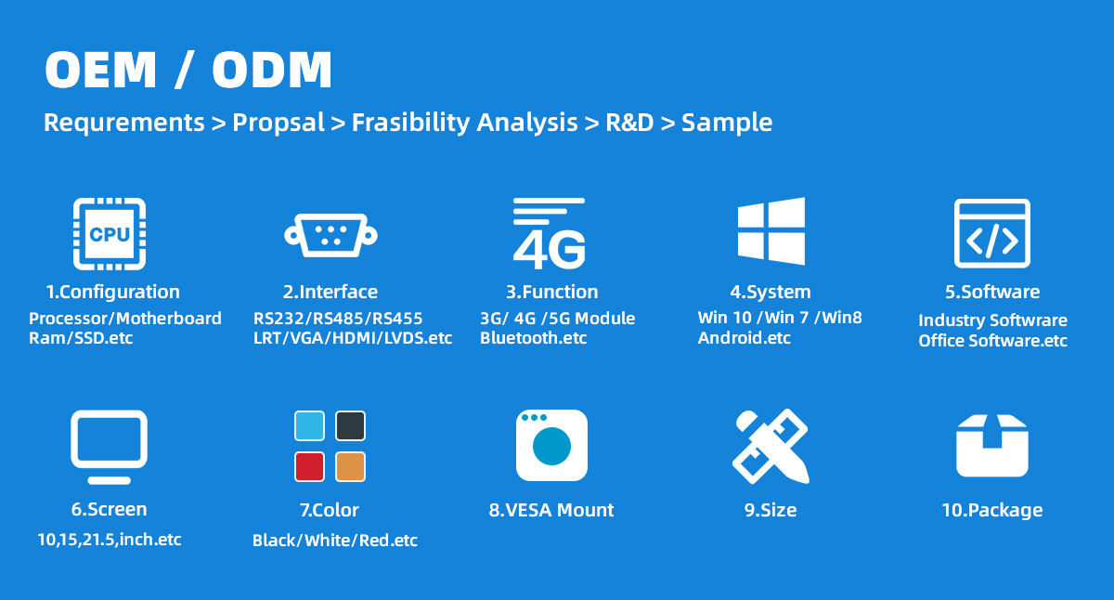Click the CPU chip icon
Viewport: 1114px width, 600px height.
tap(110, 234)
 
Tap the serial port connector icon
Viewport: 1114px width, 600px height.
tap(330, 235)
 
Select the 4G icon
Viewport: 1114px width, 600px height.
tap(549, 233)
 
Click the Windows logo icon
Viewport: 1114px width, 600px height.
tap(771, 231)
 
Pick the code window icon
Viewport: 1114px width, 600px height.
tap(992, 233)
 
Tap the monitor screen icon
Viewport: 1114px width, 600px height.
tap(109, 447)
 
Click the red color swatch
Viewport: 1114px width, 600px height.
tap(309, 466)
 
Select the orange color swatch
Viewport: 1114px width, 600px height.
tap(351, 466)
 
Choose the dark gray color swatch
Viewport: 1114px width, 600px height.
tap(351, 426)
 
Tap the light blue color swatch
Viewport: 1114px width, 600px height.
tap(309, 426)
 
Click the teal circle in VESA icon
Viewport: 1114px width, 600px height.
tap(551, 446)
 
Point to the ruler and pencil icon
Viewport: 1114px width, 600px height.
tap(771, 446)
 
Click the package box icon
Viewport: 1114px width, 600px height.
tap(992, 446)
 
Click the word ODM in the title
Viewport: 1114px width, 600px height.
tap(272, 70)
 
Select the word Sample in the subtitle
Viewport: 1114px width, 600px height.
tap(727, 123)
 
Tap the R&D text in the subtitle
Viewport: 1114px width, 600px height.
tap(629, 123)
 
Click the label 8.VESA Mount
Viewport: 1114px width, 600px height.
tap(551, 510)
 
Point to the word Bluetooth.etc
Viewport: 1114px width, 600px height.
tap(533, 338)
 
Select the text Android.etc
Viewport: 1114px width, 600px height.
tap(744, 338)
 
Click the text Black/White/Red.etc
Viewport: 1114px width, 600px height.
tap(335, 541)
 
